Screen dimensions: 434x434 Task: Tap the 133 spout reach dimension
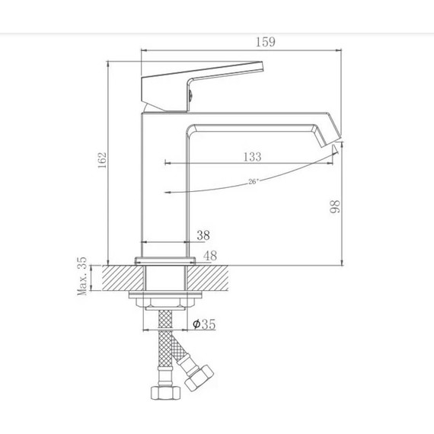(x=251, y=157)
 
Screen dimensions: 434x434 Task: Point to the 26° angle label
(x=253, y=181)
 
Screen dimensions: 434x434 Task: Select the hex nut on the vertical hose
(x=164, y=393)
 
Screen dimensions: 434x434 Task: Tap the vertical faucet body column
(x=164, y=183)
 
